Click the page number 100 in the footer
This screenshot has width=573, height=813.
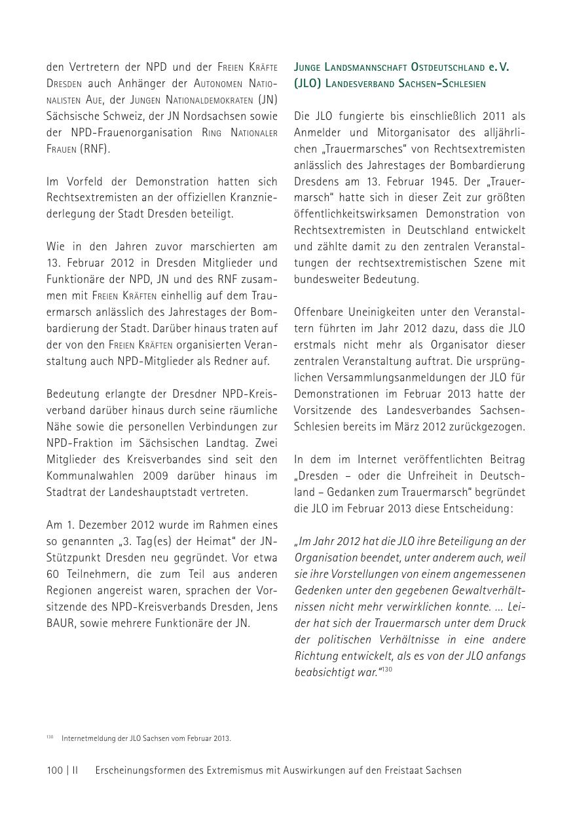pos(54,770)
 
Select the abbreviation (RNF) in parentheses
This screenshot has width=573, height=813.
pos(96,149)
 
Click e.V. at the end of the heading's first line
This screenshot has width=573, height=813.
pos(498,67)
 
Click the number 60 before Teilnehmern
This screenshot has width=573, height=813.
pos(52,574)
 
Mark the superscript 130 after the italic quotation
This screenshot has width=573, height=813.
pos(387,669)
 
